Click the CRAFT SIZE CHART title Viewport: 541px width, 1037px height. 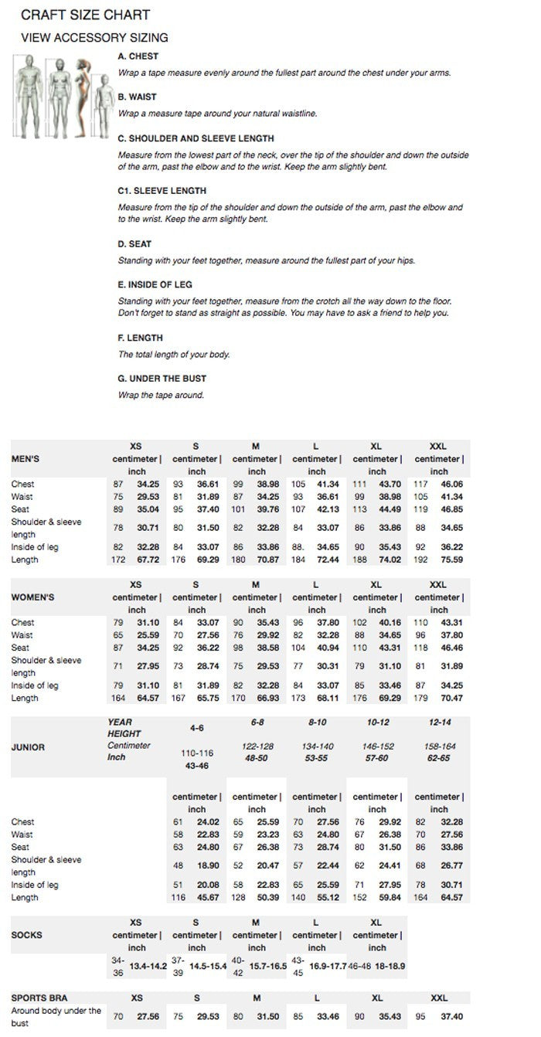point(85,15)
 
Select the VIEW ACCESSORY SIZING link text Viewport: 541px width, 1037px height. point(94,38)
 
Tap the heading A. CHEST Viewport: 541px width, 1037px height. point(138,56)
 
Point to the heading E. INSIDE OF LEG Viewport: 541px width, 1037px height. point(155,284)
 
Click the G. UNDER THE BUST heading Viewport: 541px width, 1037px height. point(162,379)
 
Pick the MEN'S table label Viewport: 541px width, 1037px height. point(26,458)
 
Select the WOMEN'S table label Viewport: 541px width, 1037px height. point(32,597)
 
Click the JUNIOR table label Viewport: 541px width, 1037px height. point(28,747)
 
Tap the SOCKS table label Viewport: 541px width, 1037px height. point(26,935)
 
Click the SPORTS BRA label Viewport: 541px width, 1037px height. point(39,998)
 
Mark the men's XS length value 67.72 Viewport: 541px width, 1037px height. point(148,559)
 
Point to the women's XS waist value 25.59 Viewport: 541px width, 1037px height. point(148,635)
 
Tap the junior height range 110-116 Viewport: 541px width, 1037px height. point(196,753)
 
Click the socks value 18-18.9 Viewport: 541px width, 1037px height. point(390,966)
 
